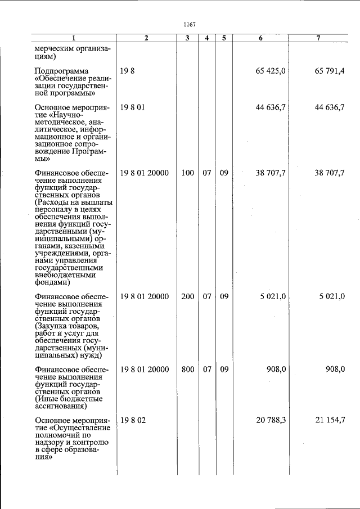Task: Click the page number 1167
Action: (x=189, y=24)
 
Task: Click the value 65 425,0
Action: (x=272, y=71)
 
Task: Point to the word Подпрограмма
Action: (x=62, y=71)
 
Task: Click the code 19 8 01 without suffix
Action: (x=132, y=107)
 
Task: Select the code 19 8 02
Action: (x=133, y=420)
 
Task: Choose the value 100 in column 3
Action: (x=187, y=173)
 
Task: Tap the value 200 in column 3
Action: (x=187, y=296)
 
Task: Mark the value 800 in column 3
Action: (x=187, y=370)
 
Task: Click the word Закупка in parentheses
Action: (x=53, y=326)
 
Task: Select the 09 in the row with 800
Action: (x=224, y=370)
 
